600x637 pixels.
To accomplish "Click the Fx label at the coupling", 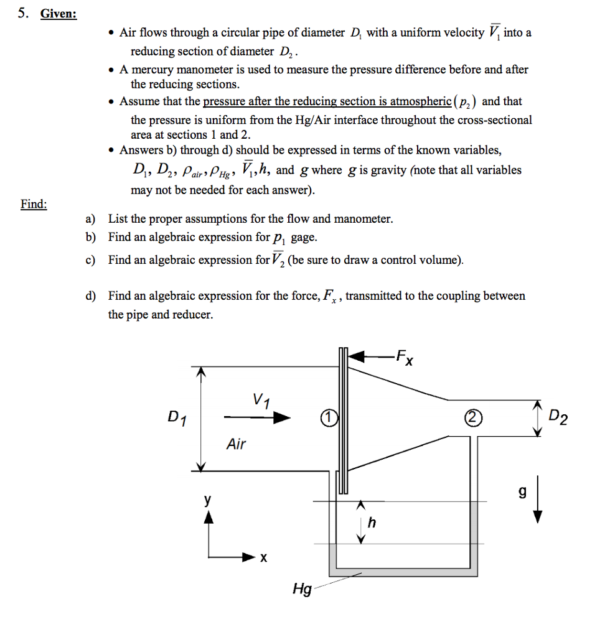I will pyautogui.click(x=404, y=359).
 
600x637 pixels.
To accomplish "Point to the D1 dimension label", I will pyautogui.click(x=177, y=418).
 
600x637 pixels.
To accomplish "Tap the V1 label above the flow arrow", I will pyautogui.click(x=260, y=399).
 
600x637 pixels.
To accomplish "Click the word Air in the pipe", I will pyautogui.click(x=236, y=444).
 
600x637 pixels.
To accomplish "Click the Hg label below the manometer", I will pyautogui.click(x=302, y=588).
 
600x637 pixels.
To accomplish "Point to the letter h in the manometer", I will pyautogui.click(x=372, y=523).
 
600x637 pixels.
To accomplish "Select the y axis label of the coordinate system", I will pyautogui.click(x=209, y=500).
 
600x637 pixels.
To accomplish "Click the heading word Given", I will pyautogui.click(x=59, y=14).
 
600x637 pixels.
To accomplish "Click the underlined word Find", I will pyautogui.click(x=34, y=204).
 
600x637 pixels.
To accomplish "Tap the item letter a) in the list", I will pyautogui.click(x=91, y=219).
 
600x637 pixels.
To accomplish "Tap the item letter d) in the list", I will pyautogui.click(x=91, y=296).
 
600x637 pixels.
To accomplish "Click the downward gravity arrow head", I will pyautogui.click(x=538, y=516).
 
